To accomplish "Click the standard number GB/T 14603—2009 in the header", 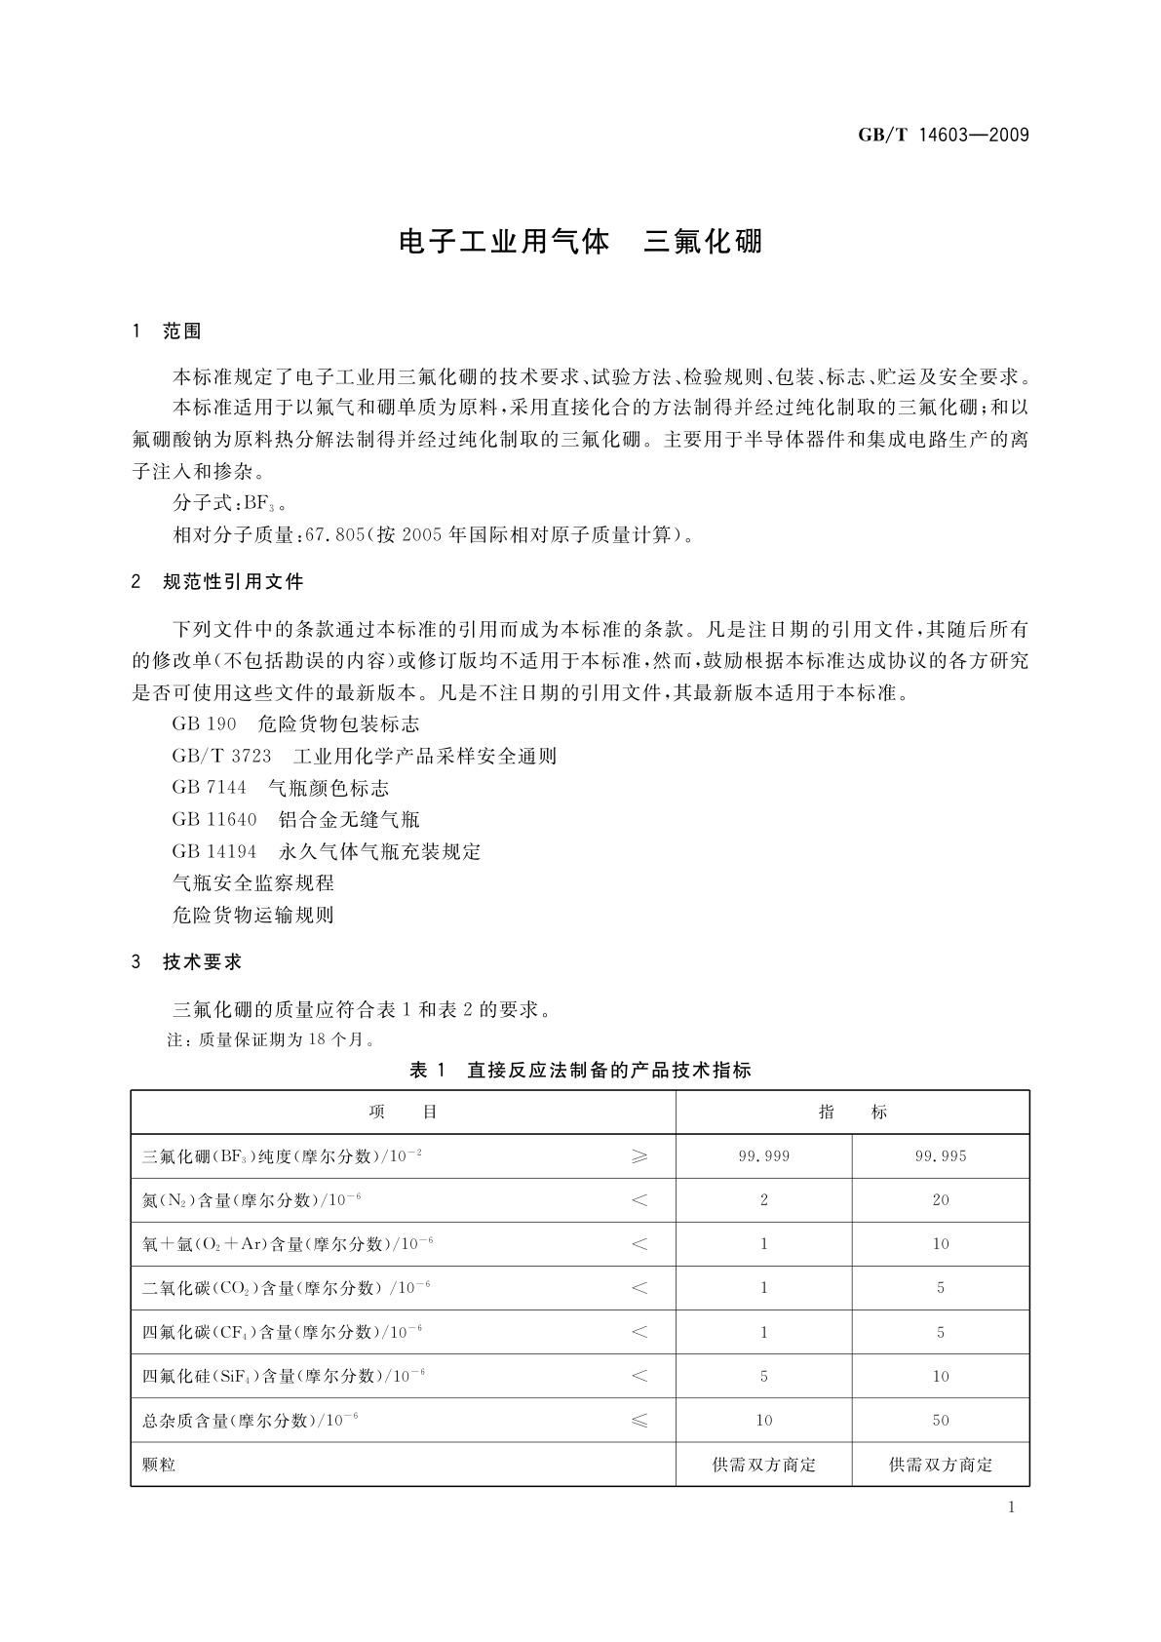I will click(943, 135).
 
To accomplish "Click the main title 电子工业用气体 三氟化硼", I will click(580, 242).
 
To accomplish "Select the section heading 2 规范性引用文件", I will click(217, 582).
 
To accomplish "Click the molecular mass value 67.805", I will click(334, 534).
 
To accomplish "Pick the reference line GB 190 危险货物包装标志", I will click(295, 724).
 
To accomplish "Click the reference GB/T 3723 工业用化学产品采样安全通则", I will click(364, 756).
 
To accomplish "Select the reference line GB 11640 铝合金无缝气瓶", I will click(295, 819).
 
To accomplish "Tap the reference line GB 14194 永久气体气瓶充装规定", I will click(326, 851).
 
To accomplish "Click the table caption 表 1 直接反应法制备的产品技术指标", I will click(580, 1070).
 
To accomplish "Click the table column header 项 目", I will click(403, 1113).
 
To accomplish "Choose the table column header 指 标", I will click(852, 1113).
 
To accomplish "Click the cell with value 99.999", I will click(763, 1156).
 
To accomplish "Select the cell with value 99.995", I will click(940, 1156).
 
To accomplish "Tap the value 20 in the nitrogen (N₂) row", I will click(940, 1200).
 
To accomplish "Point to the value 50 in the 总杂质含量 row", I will click(940, 1421).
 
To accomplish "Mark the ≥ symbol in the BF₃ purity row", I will click(639, 1156).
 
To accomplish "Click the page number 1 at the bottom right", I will click(1011, 1507).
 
